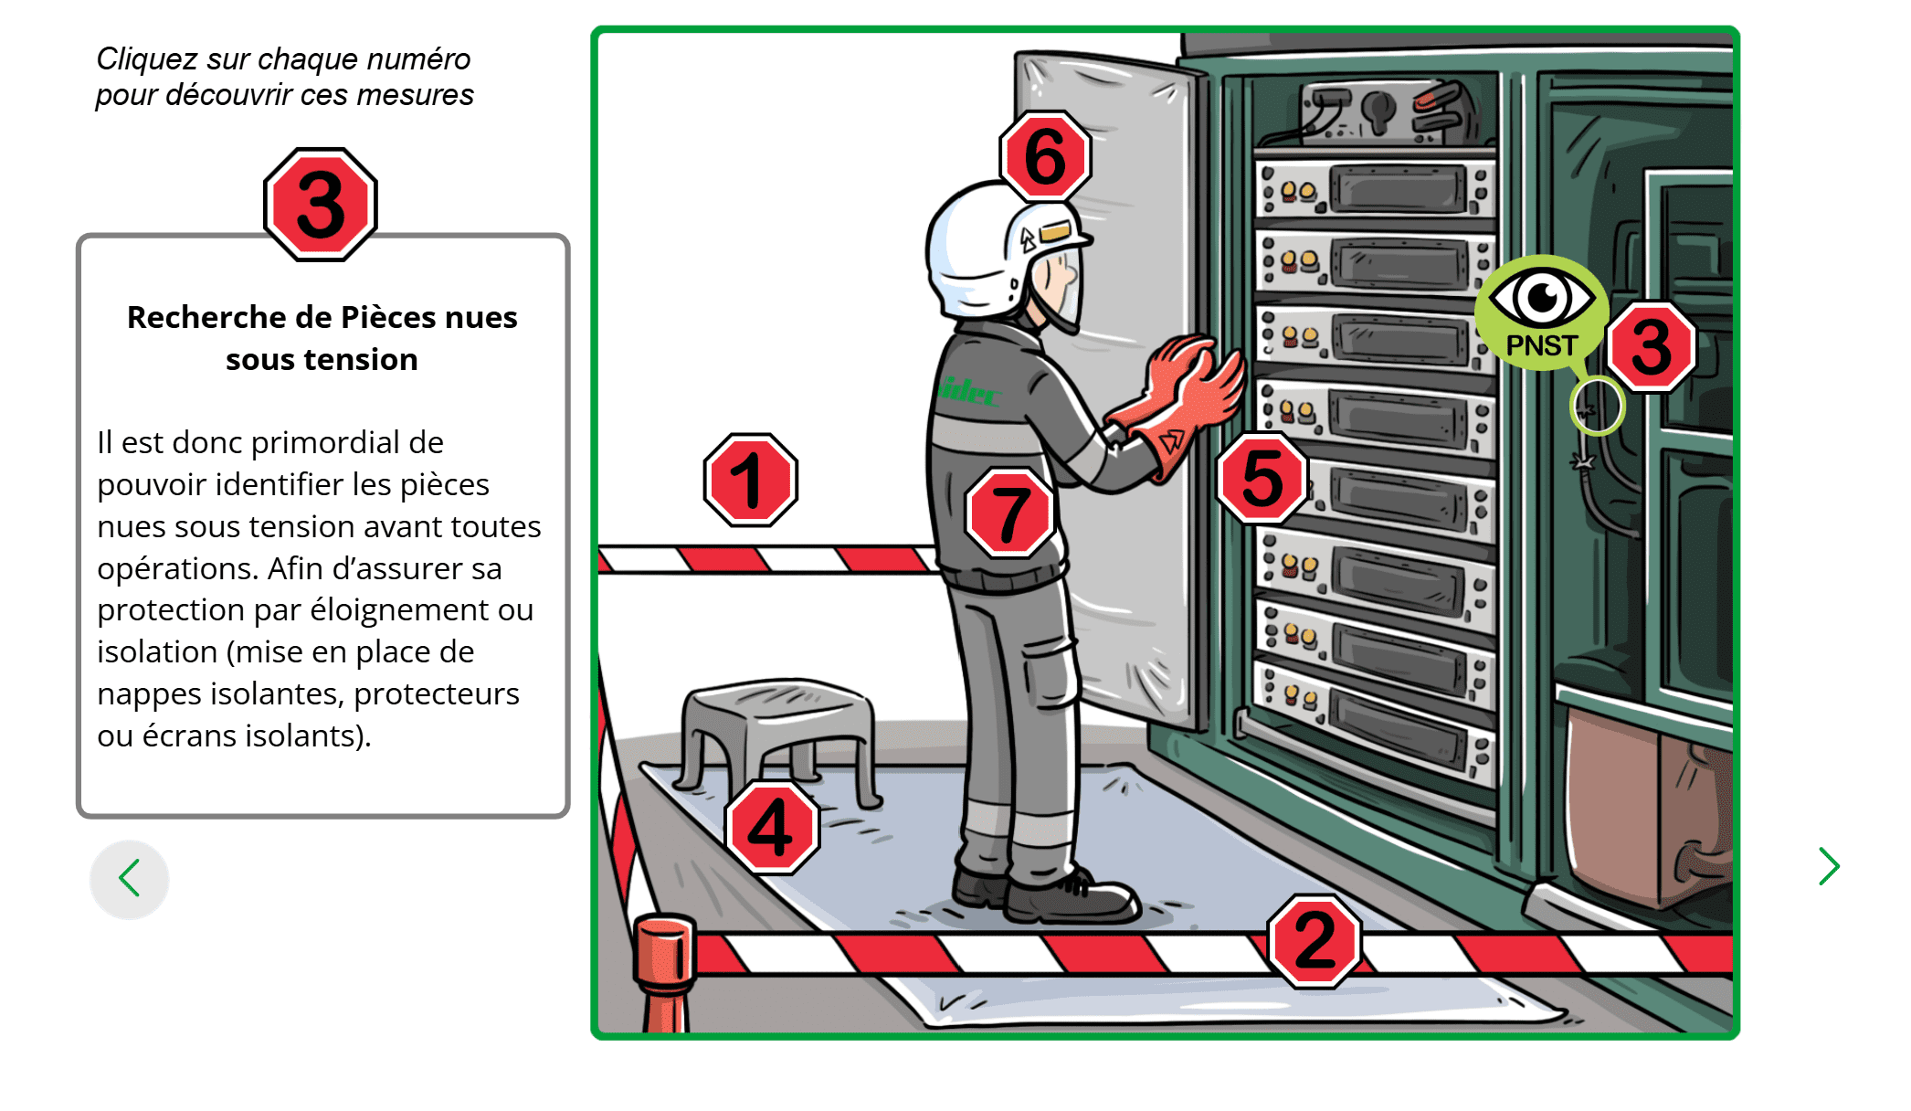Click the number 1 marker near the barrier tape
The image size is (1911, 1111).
click(x=751, y=480)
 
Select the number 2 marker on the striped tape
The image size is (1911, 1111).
click(x=1314, y=940)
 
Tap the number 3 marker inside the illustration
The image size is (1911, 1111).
click(x=1651, y=347)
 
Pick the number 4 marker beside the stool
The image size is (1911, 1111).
click(x=772, y=828)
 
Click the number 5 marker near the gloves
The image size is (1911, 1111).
click(x=1262, y=478)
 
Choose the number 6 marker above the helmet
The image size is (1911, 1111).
click(x=1045, y=157)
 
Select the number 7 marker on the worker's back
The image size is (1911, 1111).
click(x=1009, y=513)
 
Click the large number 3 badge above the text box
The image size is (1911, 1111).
click(x=321, y=205)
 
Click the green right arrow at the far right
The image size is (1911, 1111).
click(x=1828, y=866)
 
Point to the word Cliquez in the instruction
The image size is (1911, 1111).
click(x=147, y=59)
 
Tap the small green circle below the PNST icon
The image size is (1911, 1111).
click(x=1596, y=406)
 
